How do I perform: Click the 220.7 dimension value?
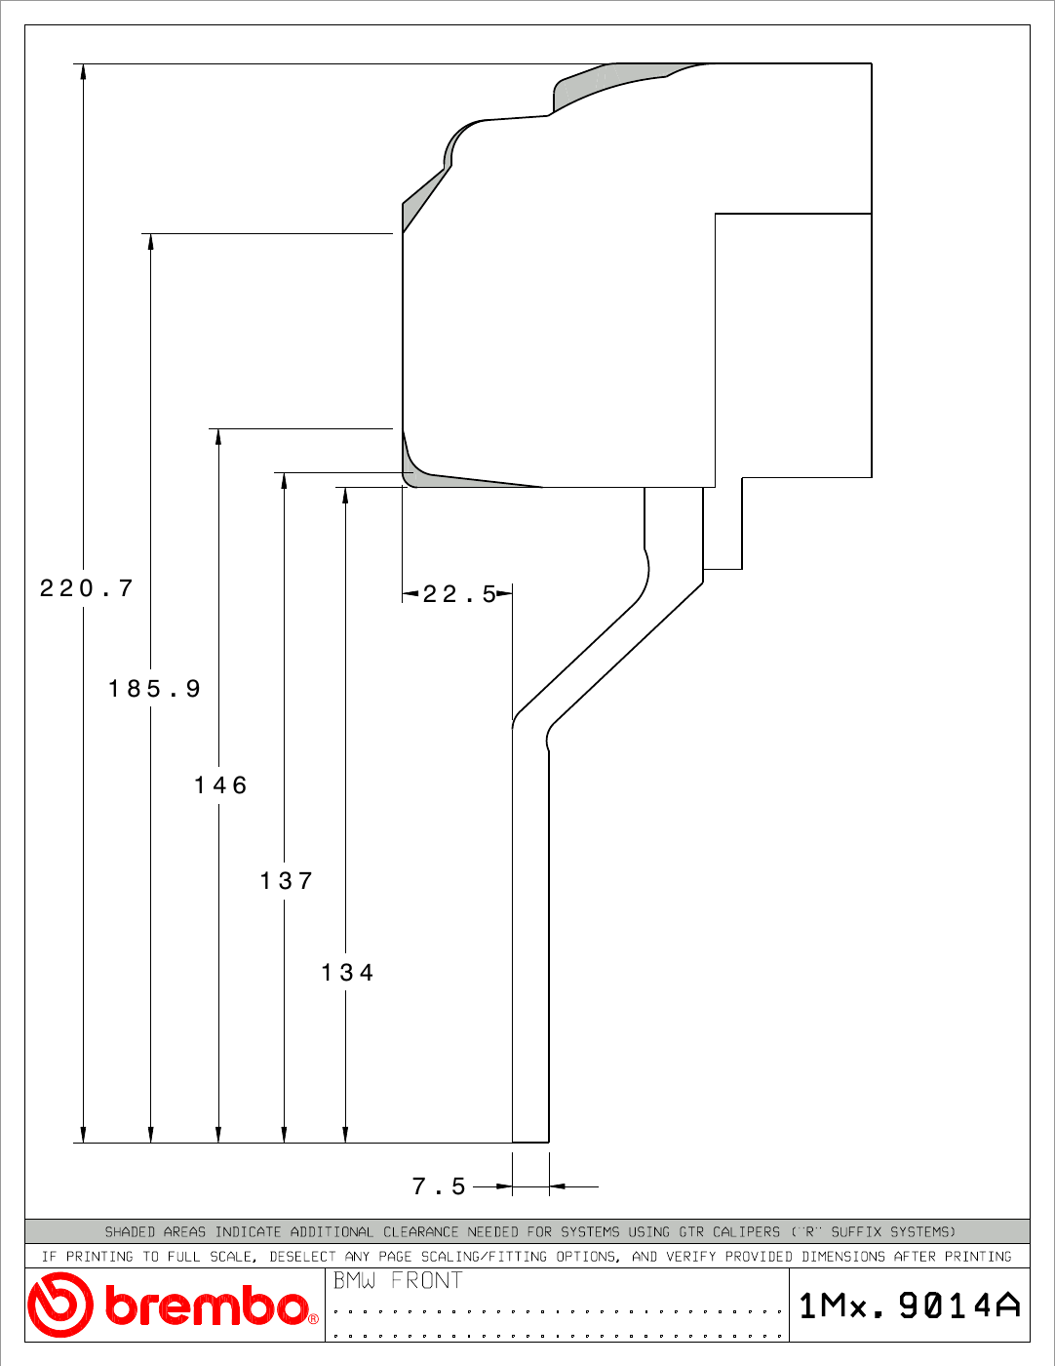click(87, 588)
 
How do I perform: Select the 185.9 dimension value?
click(154, 688)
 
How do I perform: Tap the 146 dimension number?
click(220, 785)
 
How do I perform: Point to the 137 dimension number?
click(287, 881)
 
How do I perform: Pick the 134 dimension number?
click(347, 973)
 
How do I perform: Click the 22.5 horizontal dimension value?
click(459, 594)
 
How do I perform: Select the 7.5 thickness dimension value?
click(439, 1186)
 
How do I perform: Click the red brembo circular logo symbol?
click(60, 1305)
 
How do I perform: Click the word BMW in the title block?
click(354, 1280)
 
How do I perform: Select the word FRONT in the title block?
click(426, 1280)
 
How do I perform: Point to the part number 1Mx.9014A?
click(910, 1306)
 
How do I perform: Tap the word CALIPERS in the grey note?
click(746, 1231)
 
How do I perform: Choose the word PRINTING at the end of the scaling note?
click(978, 1256)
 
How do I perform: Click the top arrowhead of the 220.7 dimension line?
click(83, 71)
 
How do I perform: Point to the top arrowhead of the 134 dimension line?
click(345, 495)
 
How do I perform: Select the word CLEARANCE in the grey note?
click(421, 1231)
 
